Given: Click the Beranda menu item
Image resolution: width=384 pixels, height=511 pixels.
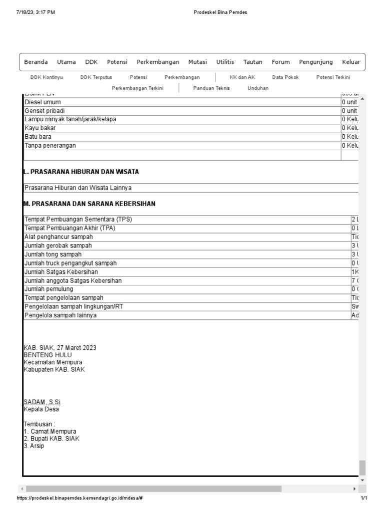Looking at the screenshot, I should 36,62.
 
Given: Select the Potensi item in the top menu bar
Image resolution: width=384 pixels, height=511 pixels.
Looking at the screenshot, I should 117,62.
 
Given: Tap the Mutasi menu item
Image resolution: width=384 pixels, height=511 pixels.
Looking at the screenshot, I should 197,62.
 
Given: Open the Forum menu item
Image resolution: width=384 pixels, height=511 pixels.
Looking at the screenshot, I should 280,62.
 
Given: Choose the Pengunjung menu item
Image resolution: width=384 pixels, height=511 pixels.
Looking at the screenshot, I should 315,62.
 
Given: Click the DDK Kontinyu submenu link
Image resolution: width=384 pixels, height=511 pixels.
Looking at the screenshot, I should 46,77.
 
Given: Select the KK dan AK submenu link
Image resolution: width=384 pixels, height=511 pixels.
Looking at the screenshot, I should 242,77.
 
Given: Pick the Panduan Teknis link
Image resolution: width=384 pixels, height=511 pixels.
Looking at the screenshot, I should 211,88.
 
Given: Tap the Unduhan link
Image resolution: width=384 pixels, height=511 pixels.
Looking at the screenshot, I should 257,88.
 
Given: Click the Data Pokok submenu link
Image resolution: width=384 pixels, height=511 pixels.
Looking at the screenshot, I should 285,77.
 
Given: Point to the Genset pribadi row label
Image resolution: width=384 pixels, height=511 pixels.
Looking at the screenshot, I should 44,111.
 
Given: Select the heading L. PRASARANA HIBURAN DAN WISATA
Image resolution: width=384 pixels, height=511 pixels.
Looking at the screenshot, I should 81,172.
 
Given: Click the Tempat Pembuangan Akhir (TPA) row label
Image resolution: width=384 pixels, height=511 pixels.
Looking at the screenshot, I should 69,228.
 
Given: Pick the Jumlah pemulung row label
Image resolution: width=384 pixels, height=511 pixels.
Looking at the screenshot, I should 48,289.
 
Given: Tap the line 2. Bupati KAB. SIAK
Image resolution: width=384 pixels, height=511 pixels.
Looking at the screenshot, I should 51,439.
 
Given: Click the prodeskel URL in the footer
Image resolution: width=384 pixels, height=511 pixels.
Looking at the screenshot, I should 82,499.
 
